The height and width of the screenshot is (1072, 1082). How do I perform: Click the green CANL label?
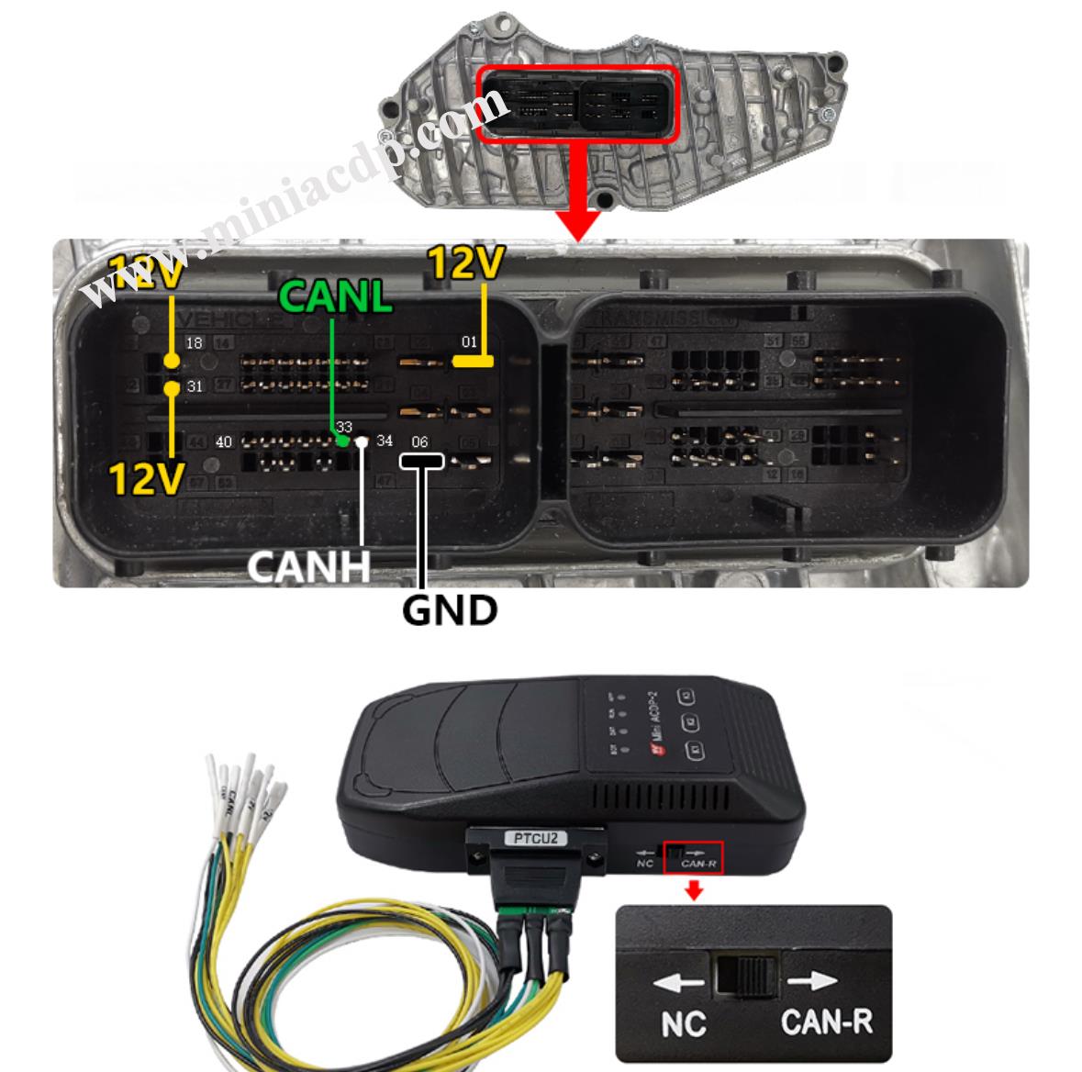(335, 296)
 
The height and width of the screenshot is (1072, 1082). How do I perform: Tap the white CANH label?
(308, 565)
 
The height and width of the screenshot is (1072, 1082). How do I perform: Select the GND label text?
(450, 609)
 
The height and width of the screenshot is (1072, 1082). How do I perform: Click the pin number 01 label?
(469, 342)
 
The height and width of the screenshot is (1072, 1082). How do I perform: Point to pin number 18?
(194, 343)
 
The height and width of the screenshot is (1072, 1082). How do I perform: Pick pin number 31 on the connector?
(195, 386)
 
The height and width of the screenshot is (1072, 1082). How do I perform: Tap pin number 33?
(344, 427)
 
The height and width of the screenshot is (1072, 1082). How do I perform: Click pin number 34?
(385, 441)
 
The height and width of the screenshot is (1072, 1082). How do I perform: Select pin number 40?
(224, 441)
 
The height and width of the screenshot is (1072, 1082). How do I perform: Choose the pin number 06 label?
(419, 441)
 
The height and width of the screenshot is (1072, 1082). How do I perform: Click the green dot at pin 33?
(342, 441)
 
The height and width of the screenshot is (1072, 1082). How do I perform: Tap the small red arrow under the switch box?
(695, 889)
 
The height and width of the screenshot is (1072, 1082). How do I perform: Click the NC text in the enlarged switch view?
(683, 1023)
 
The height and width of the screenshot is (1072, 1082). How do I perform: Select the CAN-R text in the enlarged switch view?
(826, 1022)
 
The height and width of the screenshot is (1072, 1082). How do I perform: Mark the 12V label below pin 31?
(145, 478)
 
